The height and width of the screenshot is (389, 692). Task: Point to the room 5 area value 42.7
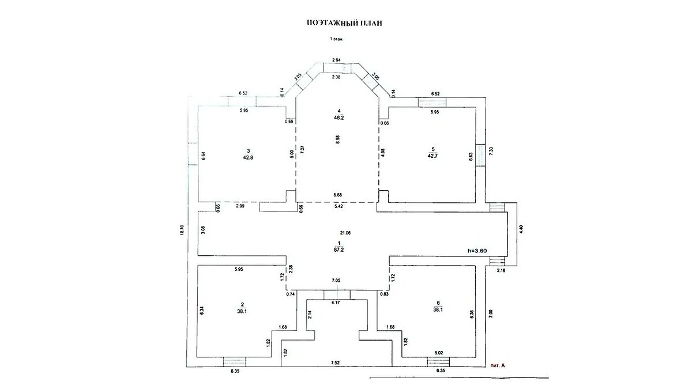point(433,156)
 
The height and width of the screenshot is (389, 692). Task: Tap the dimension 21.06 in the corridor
point(345,233)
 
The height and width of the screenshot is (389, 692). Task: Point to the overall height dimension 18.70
point(182,230)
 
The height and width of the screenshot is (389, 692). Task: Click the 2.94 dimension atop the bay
point(337,60)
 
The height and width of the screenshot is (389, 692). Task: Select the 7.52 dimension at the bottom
point(334,363)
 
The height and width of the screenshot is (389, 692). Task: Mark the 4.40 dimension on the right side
point(521,228)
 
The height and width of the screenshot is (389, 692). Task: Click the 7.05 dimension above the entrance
point(336,281)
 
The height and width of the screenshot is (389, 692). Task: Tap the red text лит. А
point(497,365)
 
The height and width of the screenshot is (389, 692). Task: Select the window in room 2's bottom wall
point(234,362)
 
